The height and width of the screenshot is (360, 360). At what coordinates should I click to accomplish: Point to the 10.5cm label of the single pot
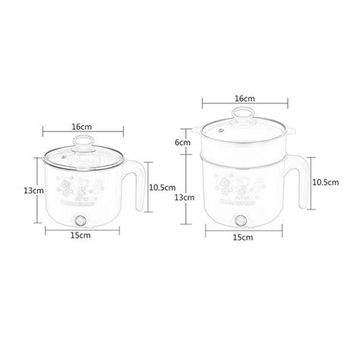pos(163,187)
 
